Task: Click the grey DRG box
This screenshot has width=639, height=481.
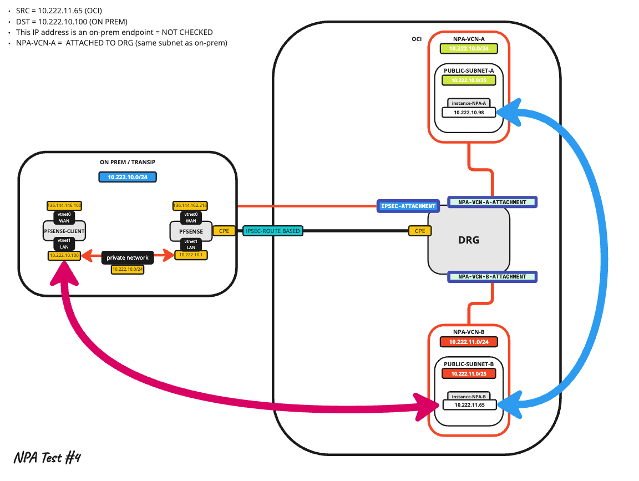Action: pyautogui.click(x=469, y=240)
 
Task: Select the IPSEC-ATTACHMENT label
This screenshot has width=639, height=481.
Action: pyautogui.click(x=408, y=206)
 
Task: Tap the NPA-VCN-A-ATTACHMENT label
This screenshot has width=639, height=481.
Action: pyautogui.click(x=493, y=202)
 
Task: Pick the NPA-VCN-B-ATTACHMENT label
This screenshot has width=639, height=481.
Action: pyautogui.click(x=493, y=276)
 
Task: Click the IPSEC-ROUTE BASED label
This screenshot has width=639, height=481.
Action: pyautogui.click(x=273, y=231)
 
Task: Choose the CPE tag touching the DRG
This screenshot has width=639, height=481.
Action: pyautogui.click(x=419, y=231)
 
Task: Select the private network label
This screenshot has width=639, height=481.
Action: pyautogui.click(x=128, y=257)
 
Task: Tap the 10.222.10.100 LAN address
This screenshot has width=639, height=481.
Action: pyautogui.click(x=64, y=255)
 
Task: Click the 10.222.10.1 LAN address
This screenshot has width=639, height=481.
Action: pyautogui.click(x=191, y=255)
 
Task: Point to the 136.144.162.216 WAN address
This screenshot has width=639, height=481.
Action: pyautogui.click(x=190, y=205)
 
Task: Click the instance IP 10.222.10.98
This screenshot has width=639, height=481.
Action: pyautogui.click(x=469, y=112)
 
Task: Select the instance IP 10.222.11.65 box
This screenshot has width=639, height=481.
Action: pyautogui.click(x=469, y=405)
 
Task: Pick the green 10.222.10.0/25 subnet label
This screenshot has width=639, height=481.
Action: pyautogui.click(x=469, y=80)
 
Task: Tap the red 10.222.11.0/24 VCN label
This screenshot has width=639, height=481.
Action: pyautogui.click(x=469, y=342)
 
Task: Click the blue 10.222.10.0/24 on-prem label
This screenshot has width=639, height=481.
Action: pyautogui.click(x=128, y=178)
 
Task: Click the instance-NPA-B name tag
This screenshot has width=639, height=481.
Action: pyautogui.click(x=469, y=396)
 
